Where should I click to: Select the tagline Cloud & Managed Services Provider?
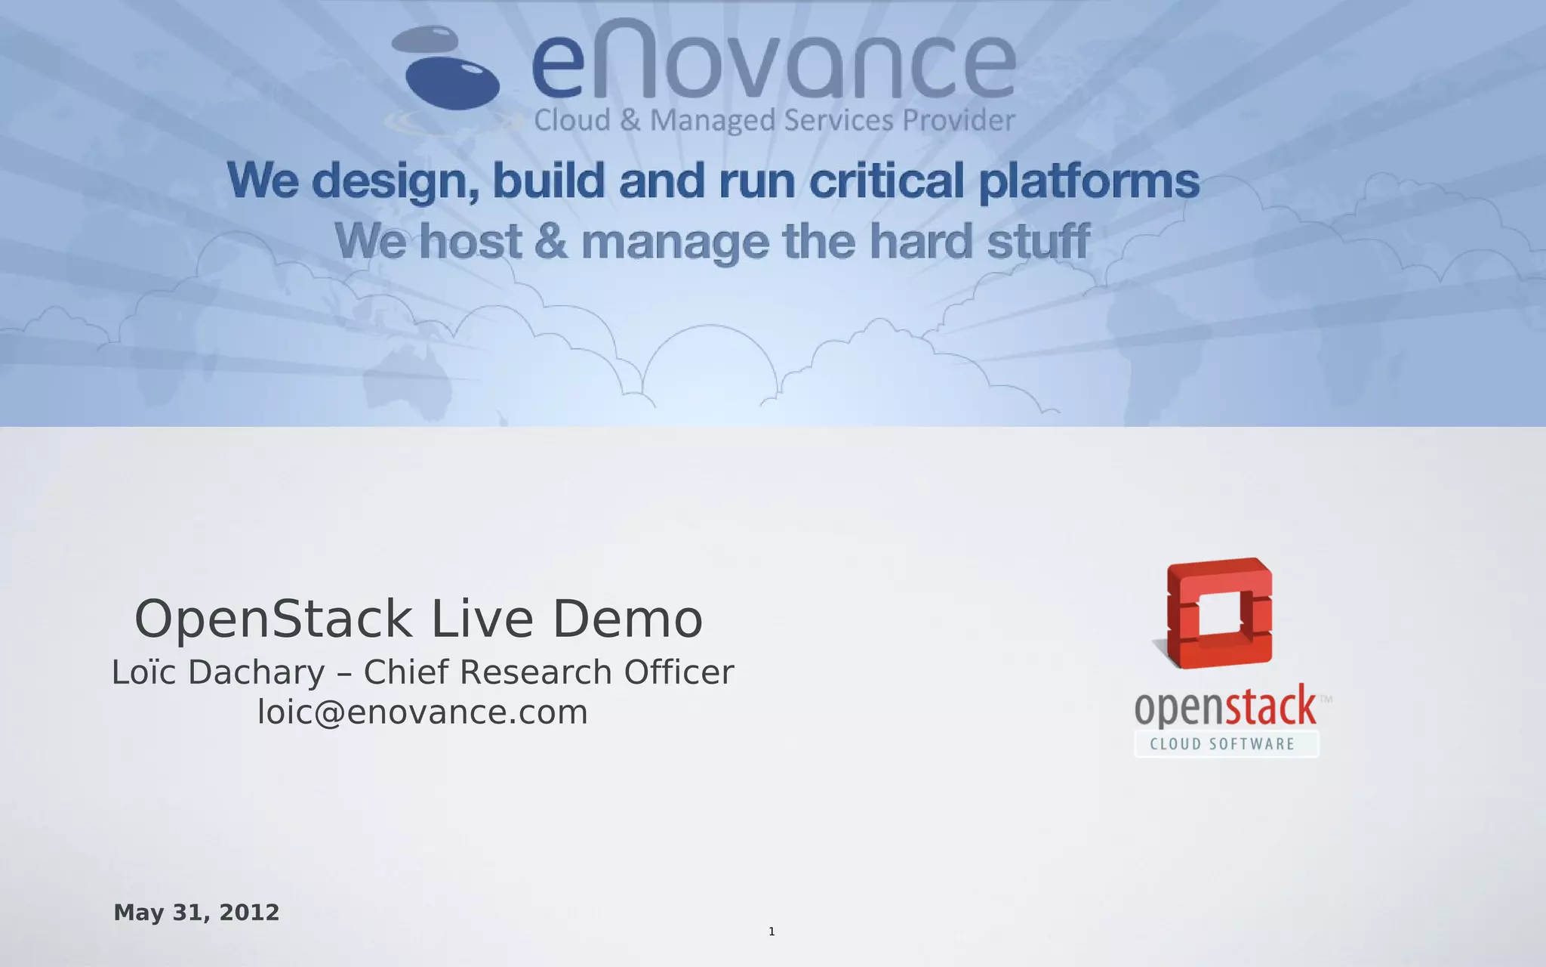pyautogui.click(x=774, y=121)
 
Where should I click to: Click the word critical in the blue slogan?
pyautogui.click(x=887, y=181)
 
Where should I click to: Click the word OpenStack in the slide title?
pyautogui.click(x=273, y=619)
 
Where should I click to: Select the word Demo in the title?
pyautogui.click(x=628, y=619)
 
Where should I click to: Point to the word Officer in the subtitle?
pyautogui.click(x=679, y=672)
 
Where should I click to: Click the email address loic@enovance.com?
pyautogui.click(x=423, y=712)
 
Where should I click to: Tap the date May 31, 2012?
pyautogui.click(x=196, y=913)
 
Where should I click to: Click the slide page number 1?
pyautogui.click(x=771, y=931)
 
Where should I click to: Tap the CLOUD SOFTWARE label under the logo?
pyautogui.click(x=1223, y=744)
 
